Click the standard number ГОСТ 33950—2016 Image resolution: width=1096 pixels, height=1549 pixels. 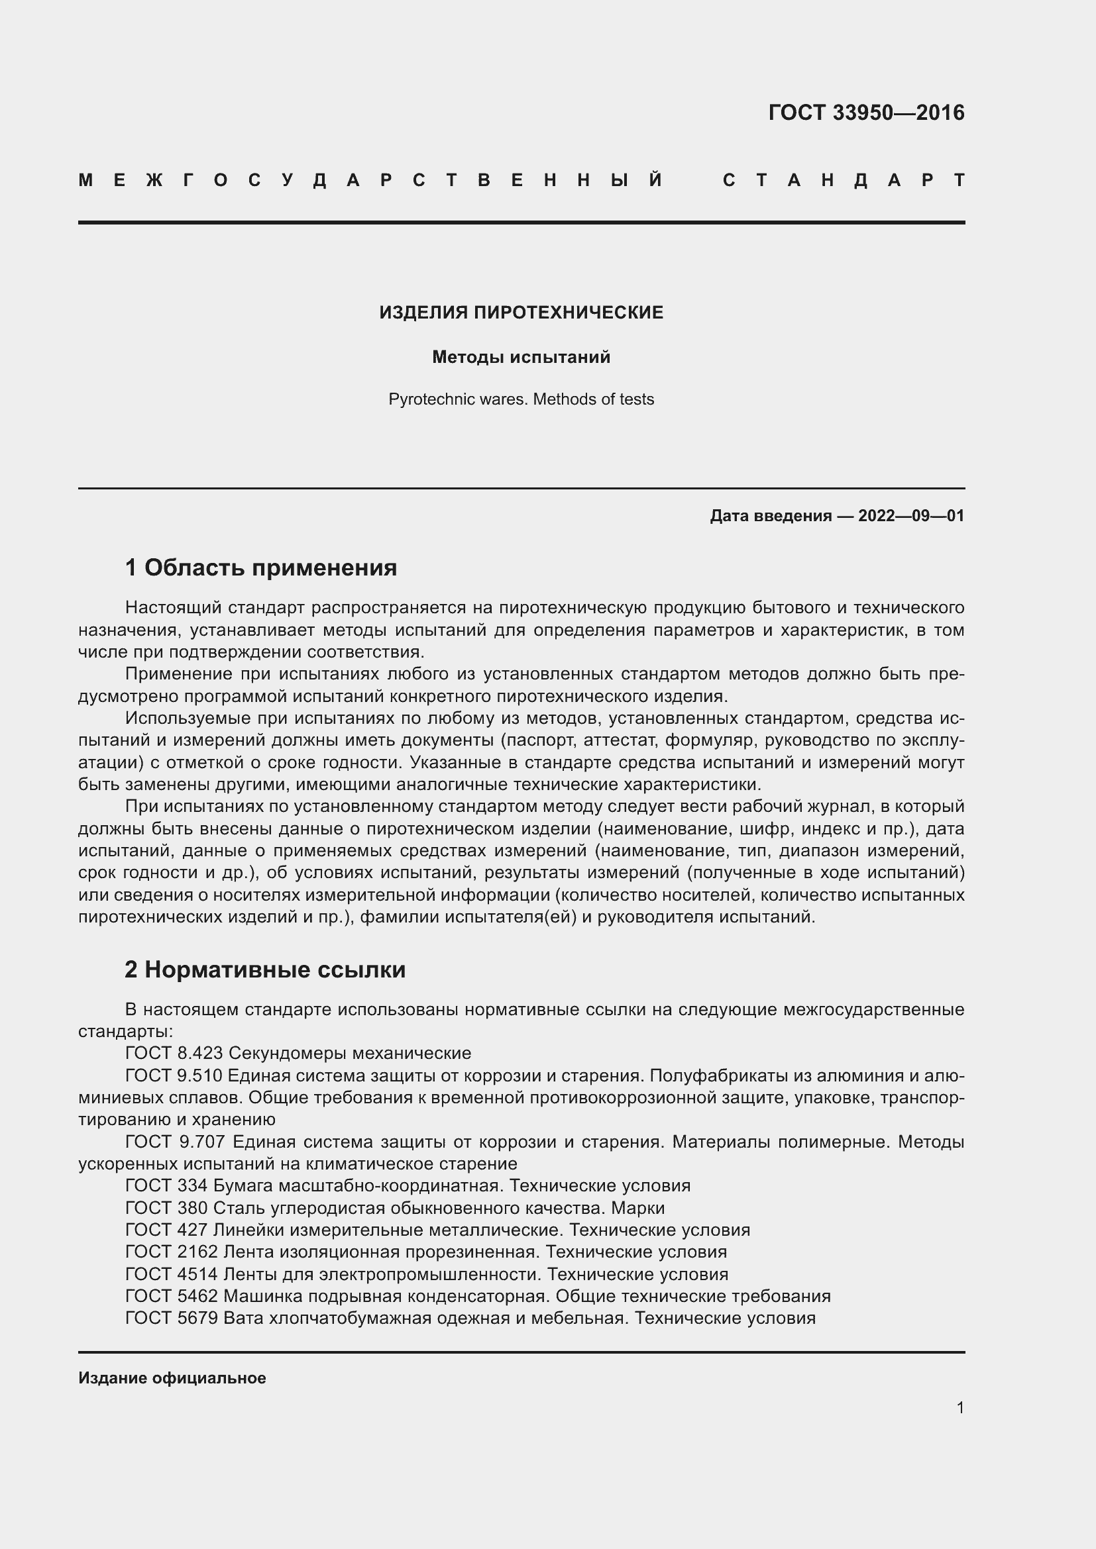pyautogui.click(x=866, y=113)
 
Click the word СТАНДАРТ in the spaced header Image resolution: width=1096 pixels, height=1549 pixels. pyautogui.click(x=844, y=181)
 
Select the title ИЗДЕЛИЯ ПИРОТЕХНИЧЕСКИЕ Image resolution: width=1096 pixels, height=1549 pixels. pyautogui.click(x=521, y=313)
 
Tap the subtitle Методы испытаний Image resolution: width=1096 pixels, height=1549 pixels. pyautogui.click(x=521, y=357)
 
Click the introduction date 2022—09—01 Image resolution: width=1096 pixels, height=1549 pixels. pyautogui.click(x=910, y=516)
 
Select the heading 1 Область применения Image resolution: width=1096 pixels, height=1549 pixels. pyautogui.click(x=260, y=568)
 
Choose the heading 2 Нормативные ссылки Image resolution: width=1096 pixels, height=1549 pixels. pyautogui.click(x=264, y=970)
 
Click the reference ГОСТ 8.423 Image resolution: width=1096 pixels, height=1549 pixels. pyautogui.click(x=174, y=1053)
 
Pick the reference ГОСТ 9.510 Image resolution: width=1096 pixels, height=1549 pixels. pyautogui.click(x=174, y=1075)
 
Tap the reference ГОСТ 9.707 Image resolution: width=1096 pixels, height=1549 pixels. pyautogui.click(x=174, y=1142)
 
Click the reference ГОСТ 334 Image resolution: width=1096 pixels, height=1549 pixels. pyautogui.click(x=166, y=1185)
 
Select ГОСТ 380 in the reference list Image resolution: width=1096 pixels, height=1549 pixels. pyautogui.click(x=166, y=1208)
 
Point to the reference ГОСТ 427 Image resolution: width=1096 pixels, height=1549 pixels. pyautogui.click(x=166, y=1230)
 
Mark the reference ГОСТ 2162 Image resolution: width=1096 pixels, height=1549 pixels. pyautogui.click(x=172, y=1252)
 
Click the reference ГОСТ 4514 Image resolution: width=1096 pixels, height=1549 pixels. pyautogui.click(x=172, y=1274)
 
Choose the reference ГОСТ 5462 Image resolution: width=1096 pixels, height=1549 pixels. pyautogui.click(x=172, y=1296)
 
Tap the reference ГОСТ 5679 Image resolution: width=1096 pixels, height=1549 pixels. pyautogui.click(x=172, y=1319)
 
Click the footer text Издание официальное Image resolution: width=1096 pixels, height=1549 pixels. pyautogui.click(x=172, y=1378)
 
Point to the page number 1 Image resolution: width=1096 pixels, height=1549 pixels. pyautogui.click(x=959, y=1408)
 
